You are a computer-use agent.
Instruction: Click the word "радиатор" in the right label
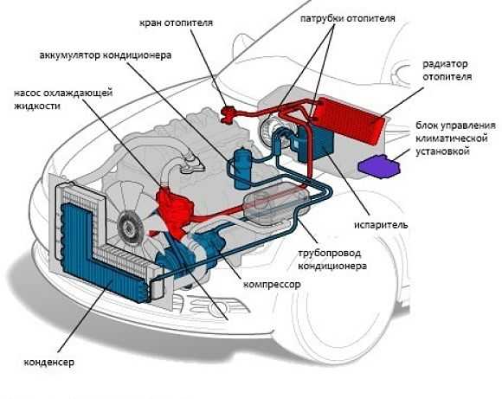[447, 64]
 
